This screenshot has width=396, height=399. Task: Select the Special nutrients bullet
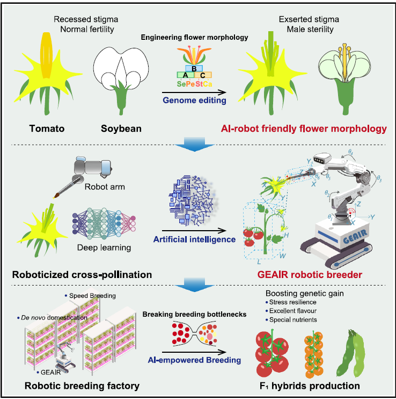(x=296, y=320)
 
